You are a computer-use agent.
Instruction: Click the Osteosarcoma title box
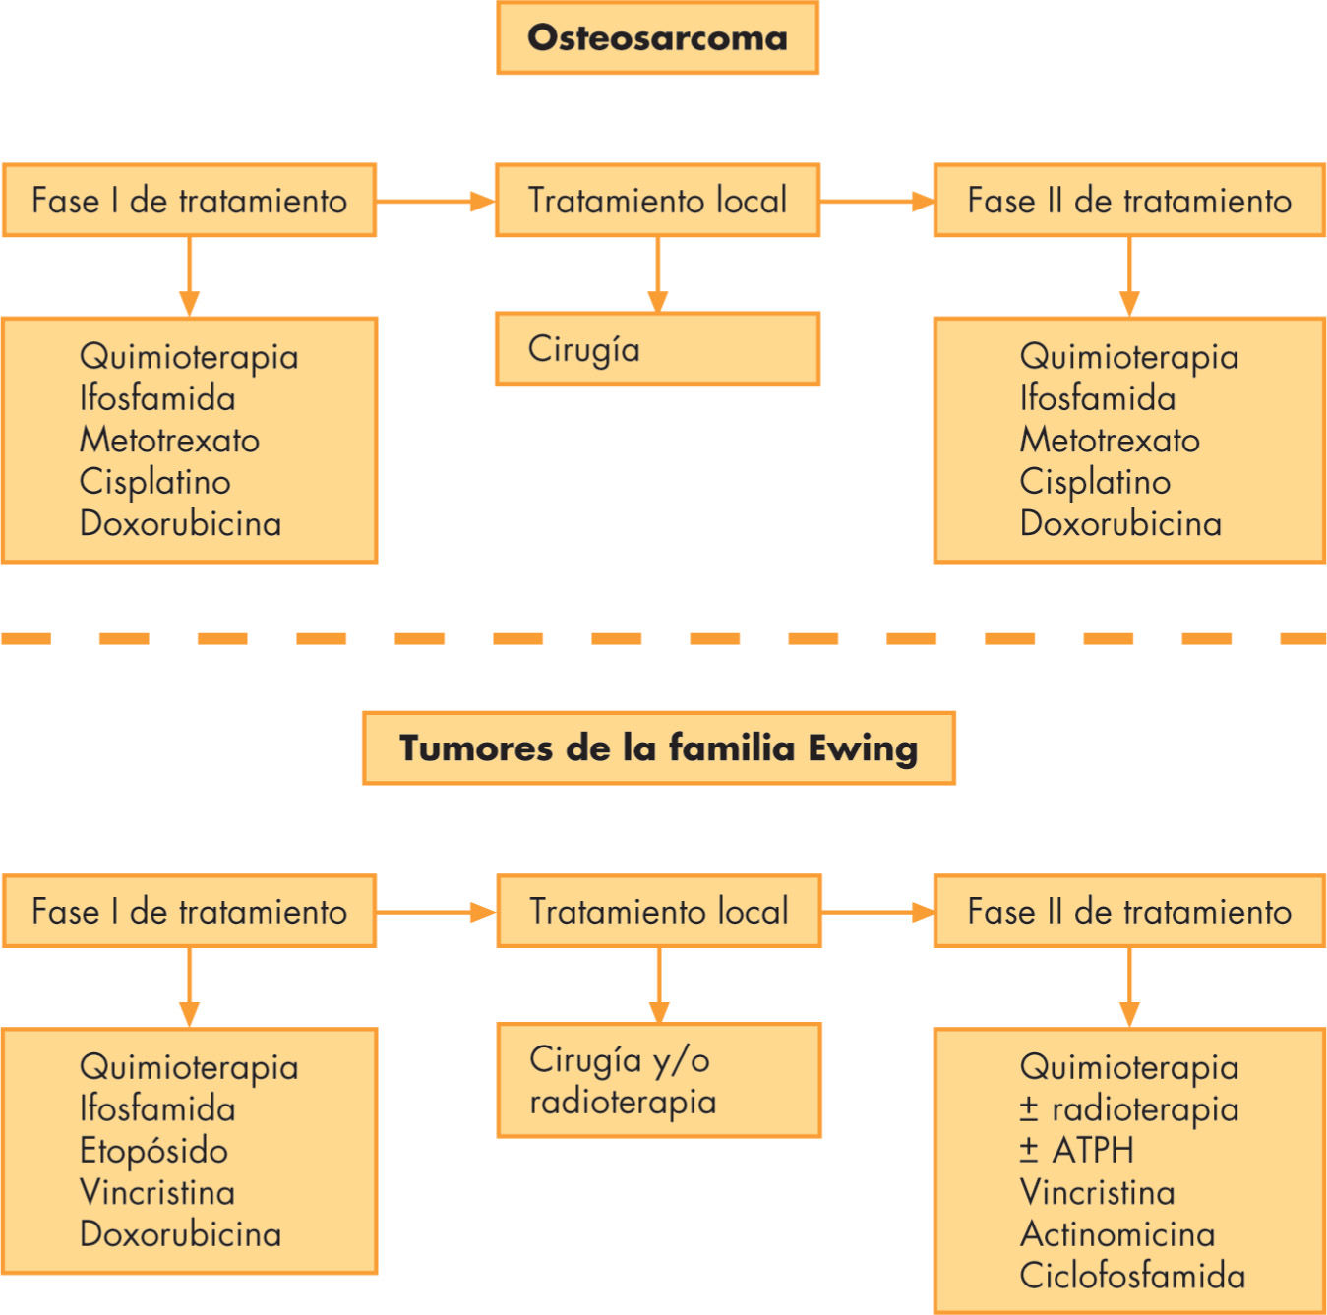[657, 38]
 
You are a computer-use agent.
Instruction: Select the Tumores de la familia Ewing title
[658, 748]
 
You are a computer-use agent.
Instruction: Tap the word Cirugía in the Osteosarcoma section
[583, 349]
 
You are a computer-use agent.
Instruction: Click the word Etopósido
[153, 1150]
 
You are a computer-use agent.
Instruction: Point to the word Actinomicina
[1117, 1233]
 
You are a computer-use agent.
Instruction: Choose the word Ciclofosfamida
[1132, 1276]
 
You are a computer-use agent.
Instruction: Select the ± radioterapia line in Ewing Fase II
[1128, 1108]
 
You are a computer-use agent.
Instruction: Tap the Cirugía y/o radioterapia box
[658, 1080]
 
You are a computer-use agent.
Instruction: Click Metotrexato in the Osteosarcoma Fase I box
[169, 440]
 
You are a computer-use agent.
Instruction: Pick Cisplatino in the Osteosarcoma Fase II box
[1095, 481]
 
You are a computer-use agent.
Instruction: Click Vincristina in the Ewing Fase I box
[156, 1192]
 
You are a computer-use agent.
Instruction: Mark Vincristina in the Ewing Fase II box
[1097, 1192]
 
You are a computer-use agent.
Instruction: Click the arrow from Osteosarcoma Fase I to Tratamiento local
[435, 202]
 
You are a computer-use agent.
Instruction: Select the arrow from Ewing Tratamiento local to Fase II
[876, 913]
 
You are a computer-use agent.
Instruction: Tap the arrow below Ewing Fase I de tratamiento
[189, 987]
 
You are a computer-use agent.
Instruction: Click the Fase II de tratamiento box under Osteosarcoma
[1128, 201]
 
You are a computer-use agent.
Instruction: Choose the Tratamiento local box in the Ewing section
[658, 912]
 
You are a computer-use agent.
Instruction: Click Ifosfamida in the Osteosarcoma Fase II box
[1097, 398]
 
